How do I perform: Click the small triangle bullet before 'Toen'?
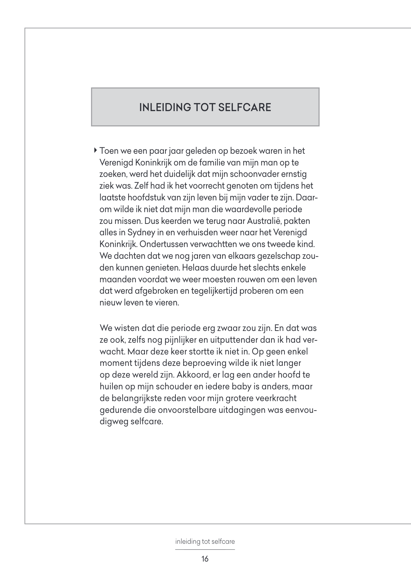pyautogui.click(x=96, y=150)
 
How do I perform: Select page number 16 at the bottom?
pyautogui.click(x=205, y=559)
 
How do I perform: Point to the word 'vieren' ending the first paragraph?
pyautogui.click(x=166, y=303)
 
